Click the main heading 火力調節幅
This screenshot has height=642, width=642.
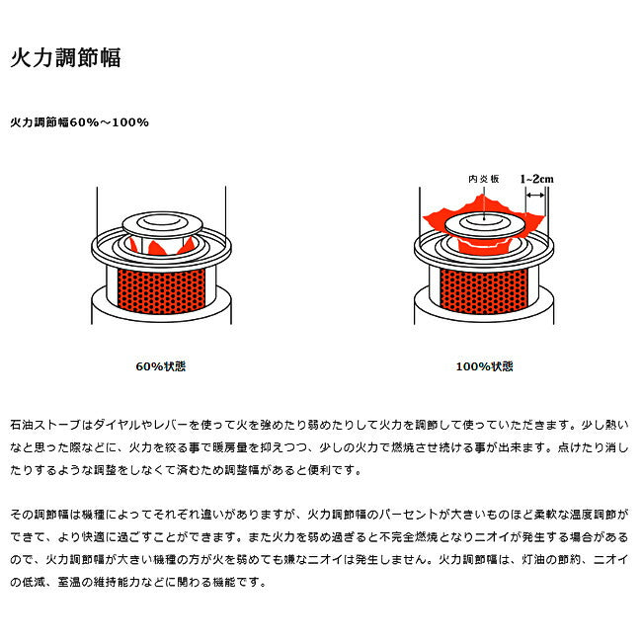click(65, 57)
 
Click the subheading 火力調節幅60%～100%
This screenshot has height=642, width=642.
click(79, 122)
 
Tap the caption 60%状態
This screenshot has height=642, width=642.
click(160, 366)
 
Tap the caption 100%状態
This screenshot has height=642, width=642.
click(484, 366)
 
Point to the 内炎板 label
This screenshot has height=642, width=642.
click(484, 179)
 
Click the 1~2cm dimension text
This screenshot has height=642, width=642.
click(536, 179)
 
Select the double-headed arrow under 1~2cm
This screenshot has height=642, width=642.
click(535, 196)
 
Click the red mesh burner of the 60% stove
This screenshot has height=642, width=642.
click(161, 291)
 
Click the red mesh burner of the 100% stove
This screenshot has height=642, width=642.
click(484, 291)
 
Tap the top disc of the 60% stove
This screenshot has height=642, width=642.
click(163, 223)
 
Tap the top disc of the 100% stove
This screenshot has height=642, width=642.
click(485, 225)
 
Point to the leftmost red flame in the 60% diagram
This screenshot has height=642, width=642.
click(133, 245)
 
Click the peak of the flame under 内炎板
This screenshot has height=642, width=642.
click(483, 197)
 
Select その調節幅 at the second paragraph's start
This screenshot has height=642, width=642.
click(40, 515)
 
